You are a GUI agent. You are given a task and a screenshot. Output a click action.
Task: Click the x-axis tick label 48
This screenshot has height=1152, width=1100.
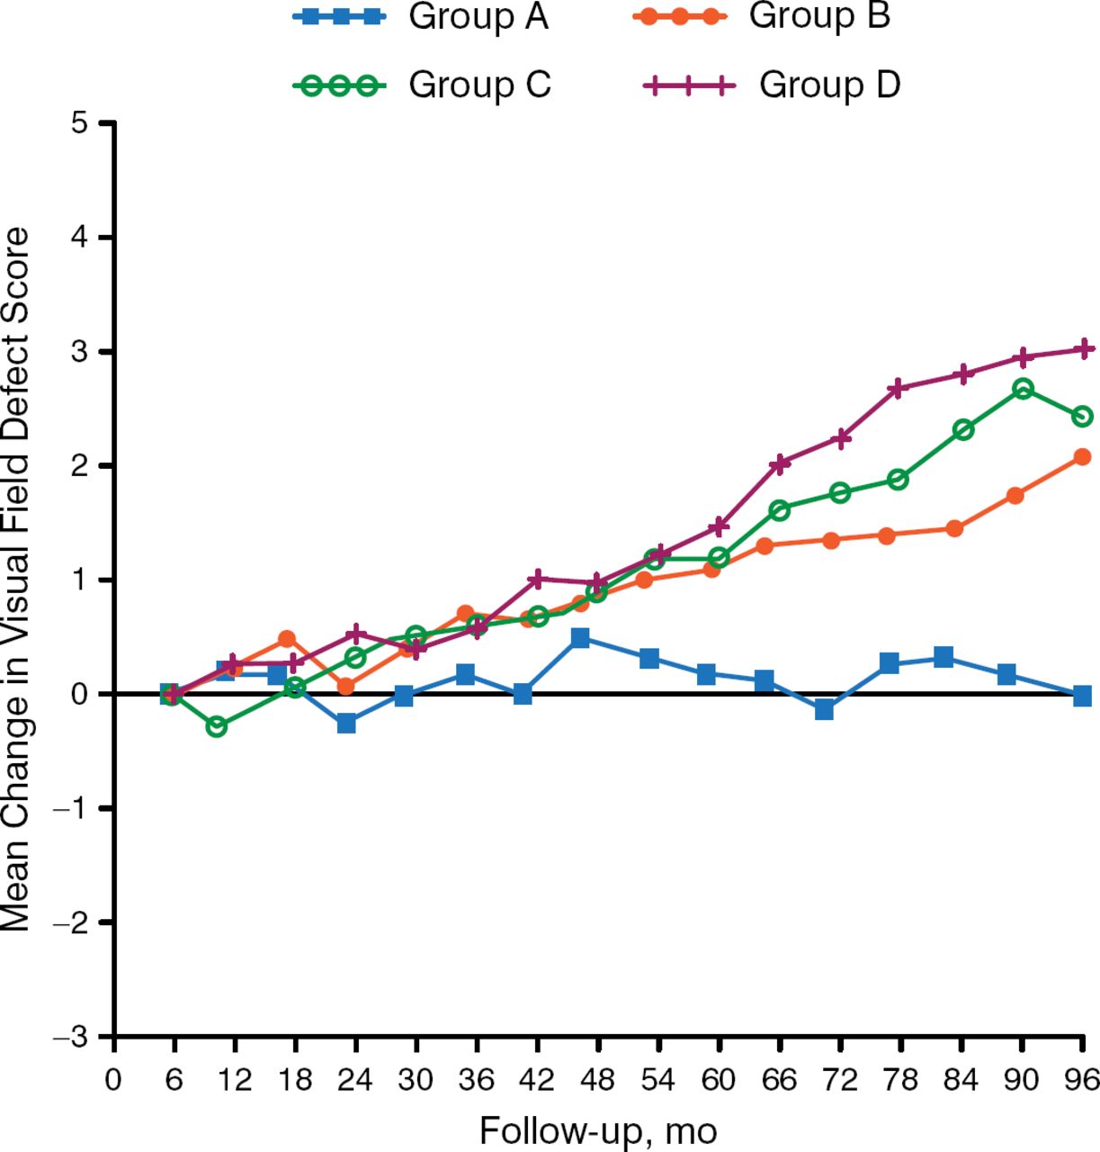598,1078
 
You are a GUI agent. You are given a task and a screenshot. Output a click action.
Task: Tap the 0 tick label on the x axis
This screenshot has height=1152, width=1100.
113,1078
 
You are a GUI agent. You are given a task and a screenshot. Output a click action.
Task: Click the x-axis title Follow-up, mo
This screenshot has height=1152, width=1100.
598,1130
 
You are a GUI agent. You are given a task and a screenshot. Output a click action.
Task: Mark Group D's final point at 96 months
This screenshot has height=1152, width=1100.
1084,348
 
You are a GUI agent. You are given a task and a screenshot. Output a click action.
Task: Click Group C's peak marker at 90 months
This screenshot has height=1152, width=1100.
1023,389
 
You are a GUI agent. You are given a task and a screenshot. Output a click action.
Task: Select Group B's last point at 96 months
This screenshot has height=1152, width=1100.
1082,457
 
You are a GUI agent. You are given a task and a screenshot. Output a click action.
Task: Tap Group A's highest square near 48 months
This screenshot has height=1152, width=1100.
580,638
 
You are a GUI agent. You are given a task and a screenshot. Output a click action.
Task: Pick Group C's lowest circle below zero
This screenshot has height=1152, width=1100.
216,726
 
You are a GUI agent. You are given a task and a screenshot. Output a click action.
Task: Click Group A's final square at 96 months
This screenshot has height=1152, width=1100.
1082,696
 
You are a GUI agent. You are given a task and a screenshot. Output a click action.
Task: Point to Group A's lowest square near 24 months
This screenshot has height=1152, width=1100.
346,724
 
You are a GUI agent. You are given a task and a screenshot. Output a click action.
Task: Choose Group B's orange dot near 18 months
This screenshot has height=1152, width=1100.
287,639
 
